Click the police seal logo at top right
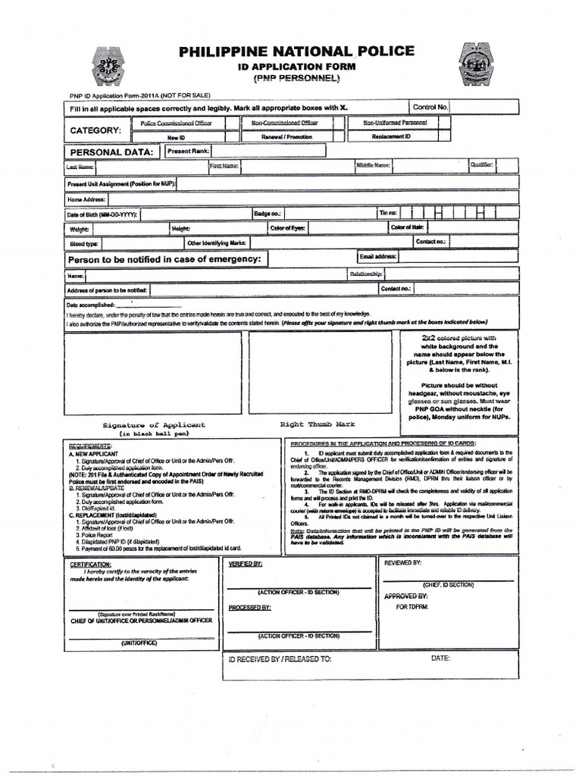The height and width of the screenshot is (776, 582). click(x=475, y=64)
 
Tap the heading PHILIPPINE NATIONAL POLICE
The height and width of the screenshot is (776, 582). click(x=296, y=52)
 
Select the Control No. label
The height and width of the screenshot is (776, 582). click(x=430, y=108)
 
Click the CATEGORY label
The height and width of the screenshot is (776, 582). click(x=95, y=130)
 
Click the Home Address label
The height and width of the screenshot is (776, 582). click(x=86, y=199)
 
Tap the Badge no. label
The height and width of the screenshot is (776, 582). click(x=268, y=214)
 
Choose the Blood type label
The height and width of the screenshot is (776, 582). click(x=83, y=244)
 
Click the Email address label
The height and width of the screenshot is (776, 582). click(x=378, y=257)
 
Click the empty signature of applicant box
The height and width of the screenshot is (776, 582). click(x=153, y=372)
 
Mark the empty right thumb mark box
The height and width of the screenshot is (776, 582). click(x=320, y=372)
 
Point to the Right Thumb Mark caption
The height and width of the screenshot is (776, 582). click(x=317, y=424)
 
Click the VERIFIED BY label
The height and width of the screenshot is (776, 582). click(x=246, y=565)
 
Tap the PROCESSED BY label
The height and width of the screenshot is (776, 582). click(x=249, y=608)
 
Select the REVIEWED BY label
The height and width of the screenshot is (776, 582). click(x=403, y=563)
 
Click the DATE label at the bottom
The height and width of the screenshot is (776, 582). click(x=440, y=659)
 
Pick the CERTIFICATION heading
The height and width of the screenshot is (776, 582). click(x=90, y=565)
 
